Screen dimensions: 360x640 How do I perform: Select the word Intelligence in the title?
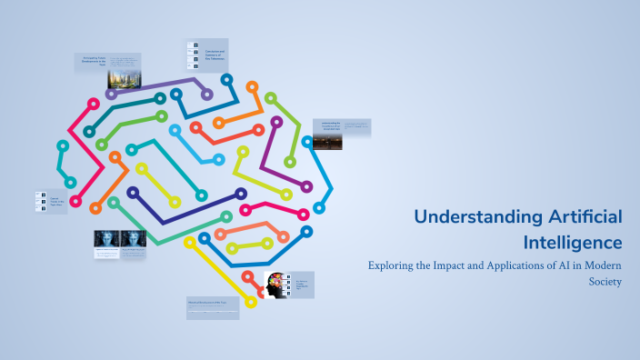pyautogui.click(x=573, y=243)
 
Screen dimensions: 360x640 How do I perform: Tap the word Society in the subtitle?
pyautogui.click(x=605, y=282)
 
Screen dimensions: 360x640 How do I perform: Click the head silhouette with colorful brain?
pyautogui.click(x=274, y=284)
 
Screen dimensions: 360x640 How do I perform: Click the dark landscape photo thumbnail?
pyautogui.click(x=327, y=142)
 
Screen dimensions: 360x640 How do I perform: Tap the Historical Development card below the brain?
pyautogui.click(x=213, y=306)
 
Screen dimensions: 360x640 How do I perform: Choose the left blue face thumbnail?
pyautogui.click(x=106, y=240)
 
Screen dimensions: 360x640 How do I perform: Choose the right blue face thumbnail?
pyautogui.click(x=134, y=240)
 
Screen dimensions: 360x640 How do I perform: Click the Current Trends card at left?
pyautogui.click(x=53, y=202)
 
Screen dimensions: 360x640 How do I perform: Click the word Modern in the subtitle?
pyautogui.click(x=595, y=266)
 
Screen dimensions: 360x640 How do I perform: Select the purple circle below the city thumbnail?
pyautogui.click(x=111, y=95)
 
